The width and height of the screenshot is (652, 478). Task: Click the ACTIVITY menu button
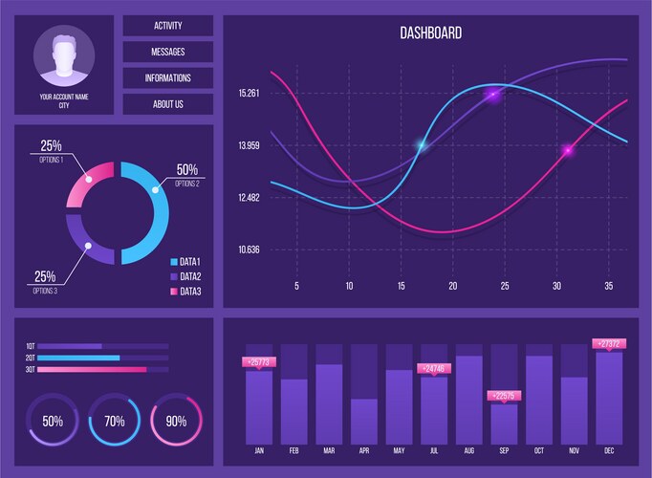coord(167,26)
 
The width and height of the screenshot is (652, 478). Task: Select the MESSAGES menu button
coord(167,52)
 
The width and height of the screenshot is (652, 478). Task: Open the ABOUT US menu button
coord(167,104)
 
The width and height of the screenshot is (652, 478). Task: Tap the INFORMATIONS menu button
coord(167,78)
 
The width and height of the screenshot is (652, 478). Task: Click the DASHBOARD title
coord(430,33)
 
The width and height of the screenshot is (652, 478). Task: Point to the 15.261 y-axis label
coord(249,93)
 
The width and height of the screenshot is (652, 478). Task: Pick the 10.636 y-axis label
coord(249,250)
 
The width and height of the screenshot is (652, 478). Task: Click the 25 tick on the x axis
coord(505,286)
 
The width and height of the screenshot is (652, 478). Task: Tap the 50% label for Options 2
coord(187,170)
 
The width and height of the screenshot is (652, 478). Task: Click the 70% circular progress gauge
coord(114,421)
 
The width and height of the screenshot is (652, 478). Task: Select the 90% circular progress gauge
coord(176,421)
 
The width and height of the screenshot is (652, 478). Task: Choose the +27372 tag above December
coord(609,344)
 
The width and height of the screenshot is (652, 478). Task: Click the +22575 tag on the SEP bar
coord(504,396)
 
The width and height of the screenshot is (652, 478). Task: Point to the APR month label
coord(363,449)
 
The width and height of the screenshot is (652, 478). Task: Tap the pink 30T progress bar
coord(92,369)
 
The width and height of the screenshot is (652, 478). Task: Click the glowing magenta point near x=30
coord(567,150)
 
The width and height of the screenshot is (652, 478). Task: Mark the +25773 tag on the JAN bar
coord(259,362)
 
